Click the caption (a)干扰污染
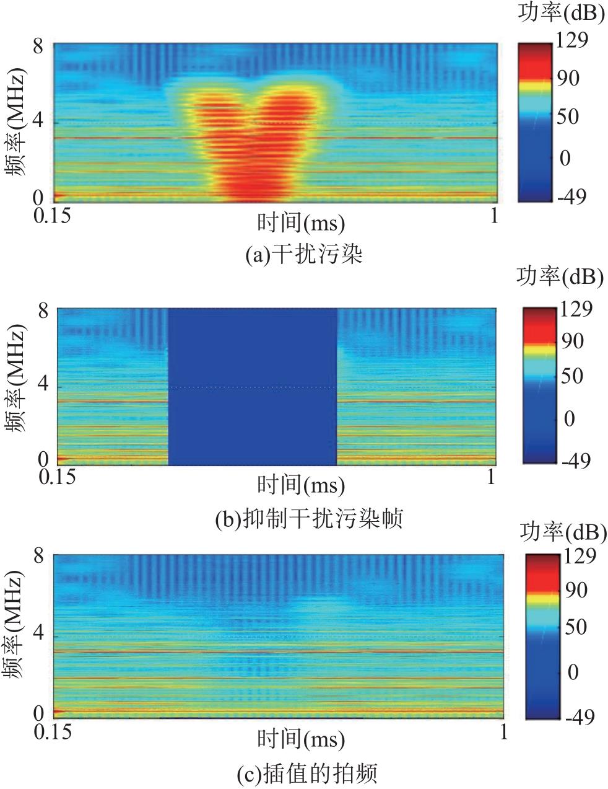click(303, 255)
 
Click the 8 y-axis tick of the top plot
click(38, 46)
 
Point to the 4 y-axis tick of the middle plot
click(43, 385)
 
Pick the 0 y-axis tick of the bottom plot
click(38, 712)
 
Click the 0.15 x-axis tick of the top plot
click(52, 216)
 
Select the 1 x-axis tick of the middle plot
click(491, 478)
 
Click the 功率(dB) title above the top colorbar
click(561, 14)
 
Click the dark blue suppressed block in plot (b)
click(253, 386)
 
